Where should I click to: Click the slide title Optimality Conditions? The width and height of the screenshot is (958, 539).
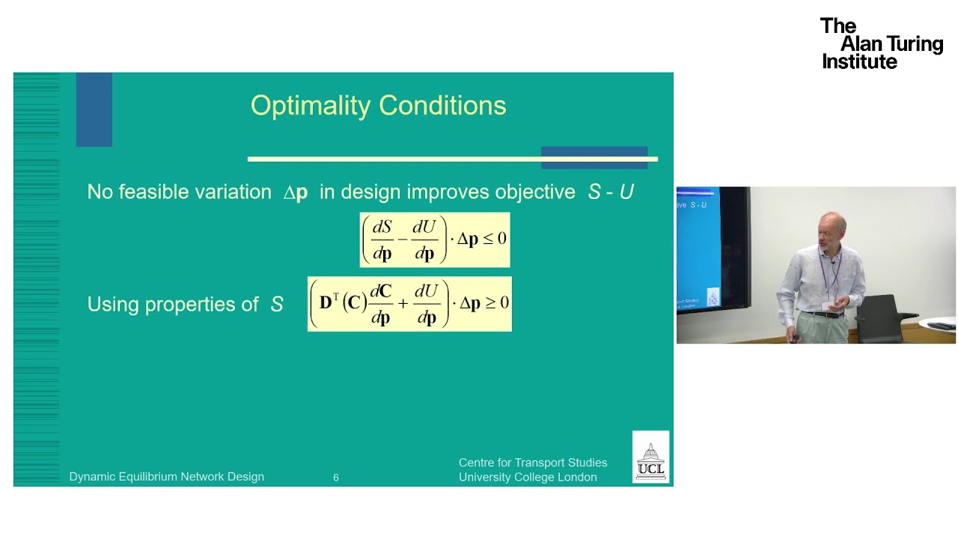click(x=378, y=106)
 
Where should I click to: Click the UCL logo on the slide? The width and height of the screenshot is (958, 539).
click(x=650, y=457)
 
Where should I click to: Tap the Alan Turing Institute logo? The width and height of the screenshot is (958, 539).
click(x=881, y=44)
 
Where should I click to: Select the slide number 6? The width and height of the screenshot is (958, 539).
click(x=336, y=478)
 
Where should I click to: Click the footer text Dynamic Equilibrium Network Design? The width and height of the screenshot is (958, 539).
click(x=166, y=477)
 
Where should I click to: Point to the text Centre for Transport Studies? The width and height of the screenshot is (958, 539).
click(x=533, y=463)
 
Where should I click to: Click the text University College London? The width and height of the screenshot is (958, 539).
click(x=528, y=478)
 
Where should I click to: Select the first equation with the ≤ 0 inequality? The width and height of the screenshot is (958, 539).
click(x=434, y=240)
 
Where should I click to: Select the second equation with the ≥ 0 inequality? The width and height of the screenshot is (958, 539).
click(x=409, y=303)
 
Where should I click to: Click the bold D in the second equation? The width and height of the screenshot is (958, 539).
click(x=326, y=303)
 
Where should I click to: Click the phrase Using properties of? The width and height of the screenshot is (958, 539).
click(x=173, y=305)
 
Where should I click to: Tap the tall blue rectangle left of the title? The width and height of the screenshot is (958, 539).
click(x=94, y=109)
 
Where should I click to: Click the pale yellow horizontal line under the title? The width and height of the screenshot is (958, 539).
click(x=389, y=159)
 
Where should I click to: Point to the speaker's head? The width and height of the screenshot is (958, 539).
click(x=832, y=229)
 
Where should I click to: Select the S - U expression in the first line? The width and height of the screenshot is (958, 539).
click(x=611, y=192)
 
